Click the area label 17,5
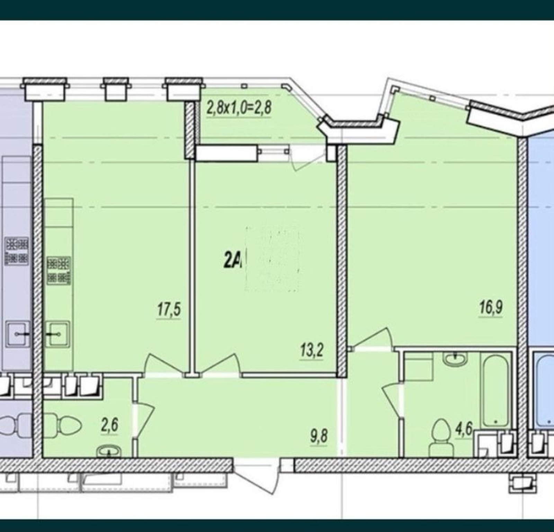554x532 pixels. (169, 310)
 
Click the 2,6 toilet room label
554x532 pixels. (109, 425)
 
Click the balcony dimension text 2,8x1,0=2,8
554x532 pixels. (239, 108)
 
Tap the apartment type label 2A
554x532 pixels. (232, 263)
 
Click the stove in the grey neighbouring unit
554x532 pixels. (17, 251)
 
